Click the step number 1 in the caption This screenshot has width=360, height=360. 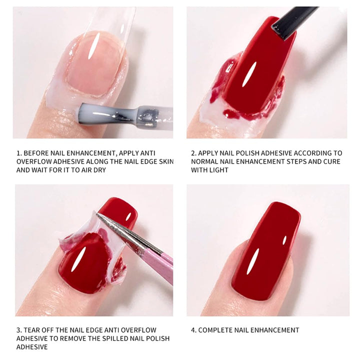18,153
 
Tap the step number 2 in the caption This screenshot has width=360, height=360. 192,153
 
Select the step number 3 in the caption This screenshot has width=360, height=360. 18,330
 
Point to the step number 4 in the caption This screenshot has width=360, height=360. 193,330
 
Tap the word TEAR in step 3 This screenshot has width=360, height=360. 32,330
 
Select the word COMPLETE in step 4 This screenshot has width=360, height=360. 218,330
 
